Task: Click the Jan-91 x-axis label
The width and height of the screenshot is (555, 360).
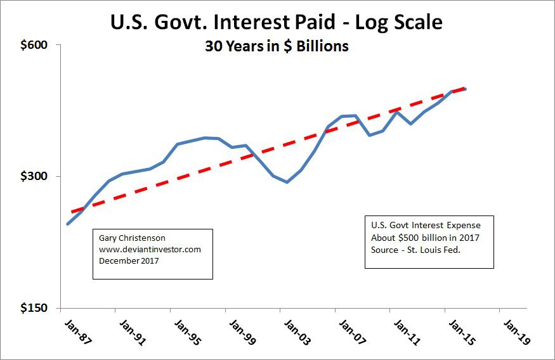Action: pyautogui.click(x=133, y=330)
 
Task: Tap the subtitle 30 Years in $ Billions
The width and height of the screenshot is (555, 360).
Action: pyautogui.click(x=276, y=47)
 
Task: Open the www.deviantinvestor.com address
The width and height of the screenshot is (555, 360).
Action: pyautogui.click(x=150, y=249)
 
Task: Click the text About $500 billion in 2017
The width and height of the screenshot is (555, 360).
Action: pyautogui.click(x=425, y=237)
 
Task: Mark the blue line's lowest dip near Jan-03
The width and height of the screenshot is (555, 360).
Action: pyautogui.click(x=287, y=183)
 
